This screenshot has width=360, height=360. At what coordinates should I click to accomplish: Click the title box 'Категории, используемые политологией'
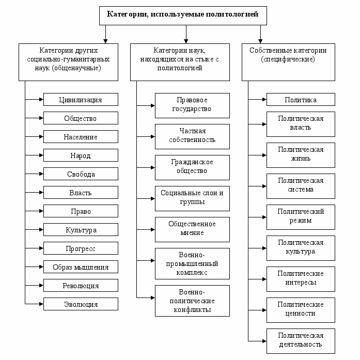click(183, 15)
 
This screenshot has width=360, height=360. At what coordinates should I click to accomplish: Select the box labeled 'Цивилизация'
click(81, 99)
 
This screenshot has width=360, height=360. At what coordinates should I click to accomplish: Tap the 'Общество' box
click(81, 118)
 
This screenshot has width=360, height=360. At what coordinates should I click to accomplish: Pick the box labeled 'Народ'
click(81, 155)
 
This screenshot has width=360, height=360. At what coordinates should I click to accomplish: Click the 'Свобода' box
click(81, 174)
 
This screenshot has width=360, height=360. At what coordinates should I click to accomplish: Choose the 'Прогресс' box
click(81, 248)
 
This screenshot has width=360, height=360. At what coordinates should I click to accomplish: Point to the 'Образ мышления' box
click(81, 267)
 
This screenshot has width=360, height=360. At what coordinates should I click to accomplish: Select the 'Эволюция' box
click(81, 304)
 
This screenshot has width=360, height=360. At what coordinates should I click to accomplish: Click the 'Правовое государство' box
click(193, 105)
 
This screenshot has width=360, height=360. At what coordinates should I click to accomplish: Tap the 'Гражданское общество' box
click(193, 167)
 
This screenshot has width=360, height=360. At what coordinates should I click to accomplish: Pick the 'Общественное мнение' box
click(193, 230)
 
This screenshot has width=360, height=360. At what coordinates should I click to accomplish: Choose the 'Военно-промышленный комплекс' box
click(193, 263)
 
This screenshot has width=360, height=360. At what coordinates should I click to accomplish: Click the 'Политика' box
click(301, 99)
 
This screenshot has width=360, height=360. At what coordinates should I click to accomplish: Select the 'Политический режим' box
click(301, 217)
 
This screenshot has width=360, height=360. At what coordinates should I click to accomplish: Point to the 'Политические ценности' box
click(301, 310)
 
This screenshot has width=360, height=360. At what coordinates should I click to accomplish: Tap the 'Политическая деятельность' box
click(301, 341)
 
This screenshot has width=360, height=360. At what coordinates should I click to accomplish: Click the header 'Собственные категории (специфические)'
click(288, 62)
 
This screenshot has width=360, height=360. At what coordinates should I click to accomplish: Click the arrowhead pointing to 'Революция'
click(41, 286)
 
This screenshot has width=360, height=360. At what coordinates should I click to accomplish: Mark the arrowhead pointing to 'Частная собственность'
click(153, 136)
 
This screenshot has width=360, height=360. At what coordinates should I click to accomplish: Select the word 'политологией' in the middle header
click(180, 68)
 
